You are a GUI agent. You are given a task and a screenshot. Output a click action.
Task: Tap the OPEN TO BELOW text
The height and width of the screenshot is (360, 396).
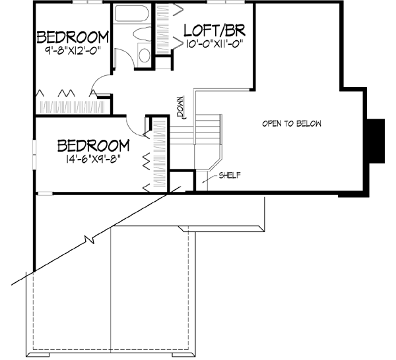(291, 124)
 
